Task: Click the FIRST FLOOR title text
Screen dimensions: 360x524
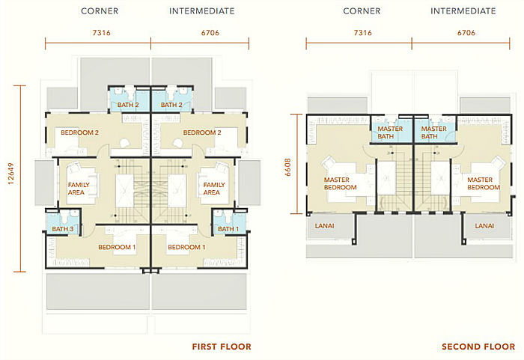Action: point(221,347)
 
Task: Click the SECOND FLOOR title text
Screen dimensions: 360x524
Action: point(478,347)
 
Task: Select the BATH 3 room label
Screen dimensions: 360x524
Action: point(63,228)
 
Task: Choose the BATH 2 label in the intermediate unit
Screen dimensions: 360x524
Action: point(172,106)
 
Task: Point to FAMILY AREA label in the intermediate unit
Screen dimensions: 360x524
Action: point(214,188)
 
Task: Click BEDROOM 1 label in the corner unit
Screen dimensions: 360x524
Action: point(117,247)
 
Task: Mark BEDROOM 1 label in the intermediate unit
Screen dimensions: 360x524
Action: point(186,247)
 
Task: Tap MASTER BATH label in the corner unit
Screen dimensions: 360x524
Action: point(390,132)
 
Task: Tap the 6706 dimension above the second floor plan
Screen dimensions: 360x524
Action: point(465,34)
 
